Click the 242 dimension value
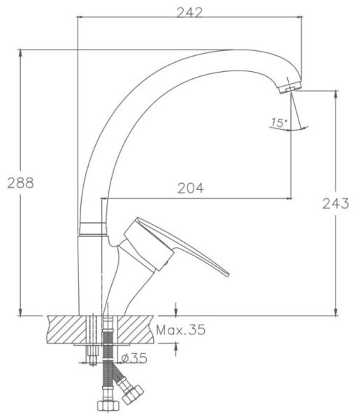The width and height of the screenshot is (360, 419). click(x=189, y=13)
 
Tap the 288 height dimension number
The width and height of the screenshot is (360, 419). click(x=20, y=183)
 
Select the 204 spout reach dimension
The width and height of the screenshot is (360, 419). click(x=191, y=188)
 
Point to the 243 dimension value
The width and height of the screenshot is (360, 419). click(x=336, y=204)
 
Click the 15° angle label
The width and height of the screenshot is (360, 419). click(x=279, y=122)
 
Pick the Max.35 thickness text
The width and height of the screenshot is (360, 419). click(x=181, y=330)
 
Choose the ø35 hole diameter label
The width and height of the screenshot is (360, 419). click(x=134, y=358)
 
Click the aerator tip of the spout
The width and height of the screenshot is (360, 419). click(x=289, y=88)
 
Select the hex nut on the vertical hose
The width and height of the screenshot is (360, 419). click(x=108, y=406)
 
